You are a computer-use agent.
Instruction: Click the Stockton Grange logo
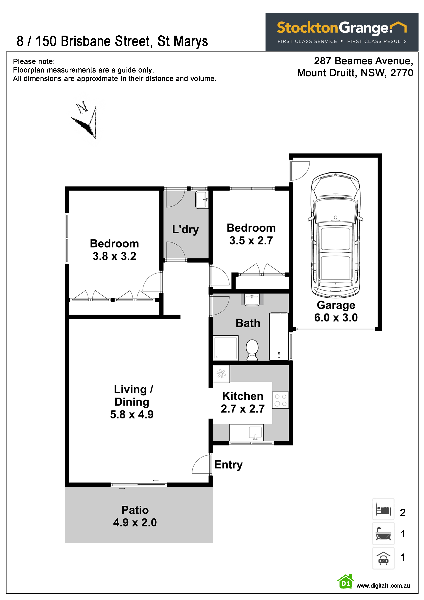point(342,32)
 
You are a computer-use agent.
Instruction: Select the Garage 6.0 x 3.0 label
point(336,311)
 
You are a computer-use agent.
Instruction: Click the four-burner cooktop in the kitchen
point(280,400)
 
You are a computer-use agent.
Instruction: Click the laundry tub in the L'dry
point(202,199)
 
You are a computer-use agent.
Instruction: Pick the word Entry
point(228,465)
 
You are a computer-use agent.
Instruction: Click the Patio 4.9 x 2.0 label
point(135,516)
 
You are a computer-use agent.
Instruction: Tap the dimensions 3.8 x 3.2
point(114,256)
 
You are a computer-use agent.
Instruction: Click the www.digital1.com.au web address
point(383,586)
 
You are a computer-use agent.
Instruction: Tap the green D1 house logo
point(346,582)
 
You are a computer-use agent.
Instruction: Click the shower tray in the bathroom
point(226,348)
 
